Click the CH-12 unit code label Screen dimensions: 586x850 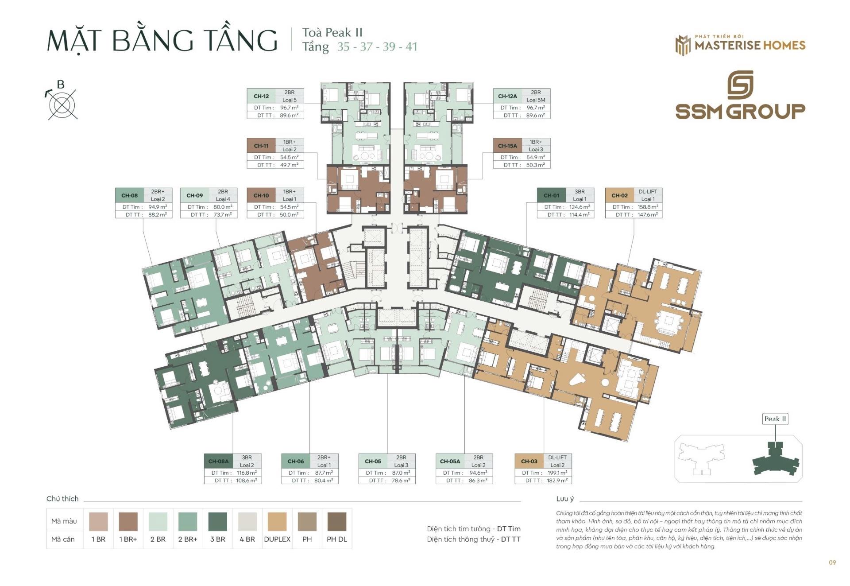[261, 96]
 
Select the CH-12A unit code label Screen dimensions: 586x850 [507, 96]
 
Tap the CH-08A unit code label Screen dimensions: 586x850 [218, 461]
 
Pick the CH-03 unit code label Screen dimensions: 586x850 [529, 461]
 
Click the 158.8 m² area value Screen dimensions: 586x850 [648, 207]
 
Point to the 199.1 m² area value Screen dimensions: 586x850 [557, 473]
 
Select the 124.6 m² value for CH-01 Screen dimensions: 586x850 [579, 207]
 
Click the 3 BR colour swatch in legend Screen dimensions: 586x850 [217, 521]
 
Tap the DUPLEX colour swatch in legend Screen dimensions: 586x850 [277, 521]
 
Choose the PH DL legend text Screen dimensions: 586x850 [336, 539]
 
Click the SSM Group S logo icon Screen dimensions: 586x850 [740, 85]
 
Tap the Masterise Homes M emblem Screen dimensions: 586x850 [683, 45]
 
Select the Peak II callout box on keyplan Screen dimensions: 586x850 [775, 419]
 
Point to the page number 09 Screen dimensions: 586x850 [832, 563]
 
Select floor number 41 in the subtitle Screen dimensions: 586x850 [411, 47]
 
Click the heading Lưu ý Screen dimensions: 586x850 [565, 499]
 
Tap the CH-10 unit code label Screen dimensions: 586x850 [261, 195]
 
